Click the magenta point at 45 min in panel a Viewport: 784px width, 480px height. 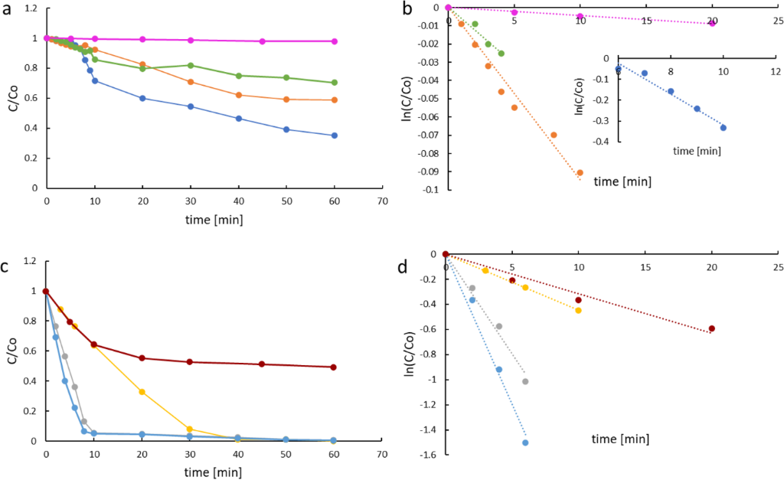coord(263,41)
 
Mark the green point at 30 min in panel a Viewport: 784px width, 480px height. coord(191,65)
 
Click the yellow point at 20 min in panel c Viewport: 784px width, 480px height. coord(142,392)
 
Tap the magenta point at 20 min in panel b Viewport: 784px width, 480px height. coord(713,23)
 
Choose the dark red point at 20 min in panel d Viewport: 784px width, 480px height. coord(712,328)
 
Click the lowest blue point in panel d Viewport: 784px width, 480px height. coord(525,442)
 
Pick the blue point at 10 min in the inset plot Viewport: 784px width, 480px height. coord(723,128)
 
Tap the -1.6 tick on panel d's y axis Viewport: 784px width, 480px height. coord(429,456)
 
